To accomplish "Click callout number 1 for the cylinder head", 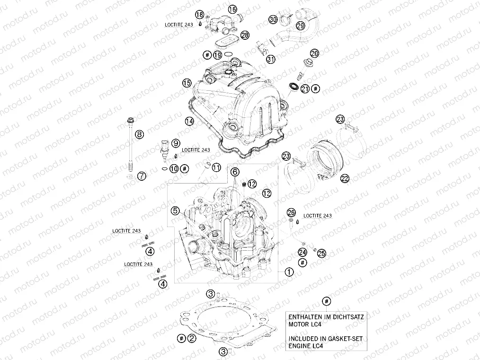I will coord(288,272).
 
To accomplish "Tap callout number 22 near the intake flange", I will coord(344,178).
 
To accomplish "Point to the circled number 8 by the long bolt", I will coord(139,135).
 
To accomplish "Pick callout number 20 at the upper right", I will coord(315,53).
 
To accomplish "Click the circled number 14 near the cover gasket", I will coord(189,121).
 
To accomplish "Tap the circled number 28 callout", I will coord(244,35).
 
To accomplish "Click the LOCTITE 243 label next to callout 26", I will coord(317,216).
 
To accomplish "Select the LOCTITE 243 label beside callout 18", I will coord(178,23).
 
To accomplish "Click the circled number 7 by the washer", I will coord(142,176).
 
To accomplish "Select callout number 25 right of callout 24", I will coord(321,254).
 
